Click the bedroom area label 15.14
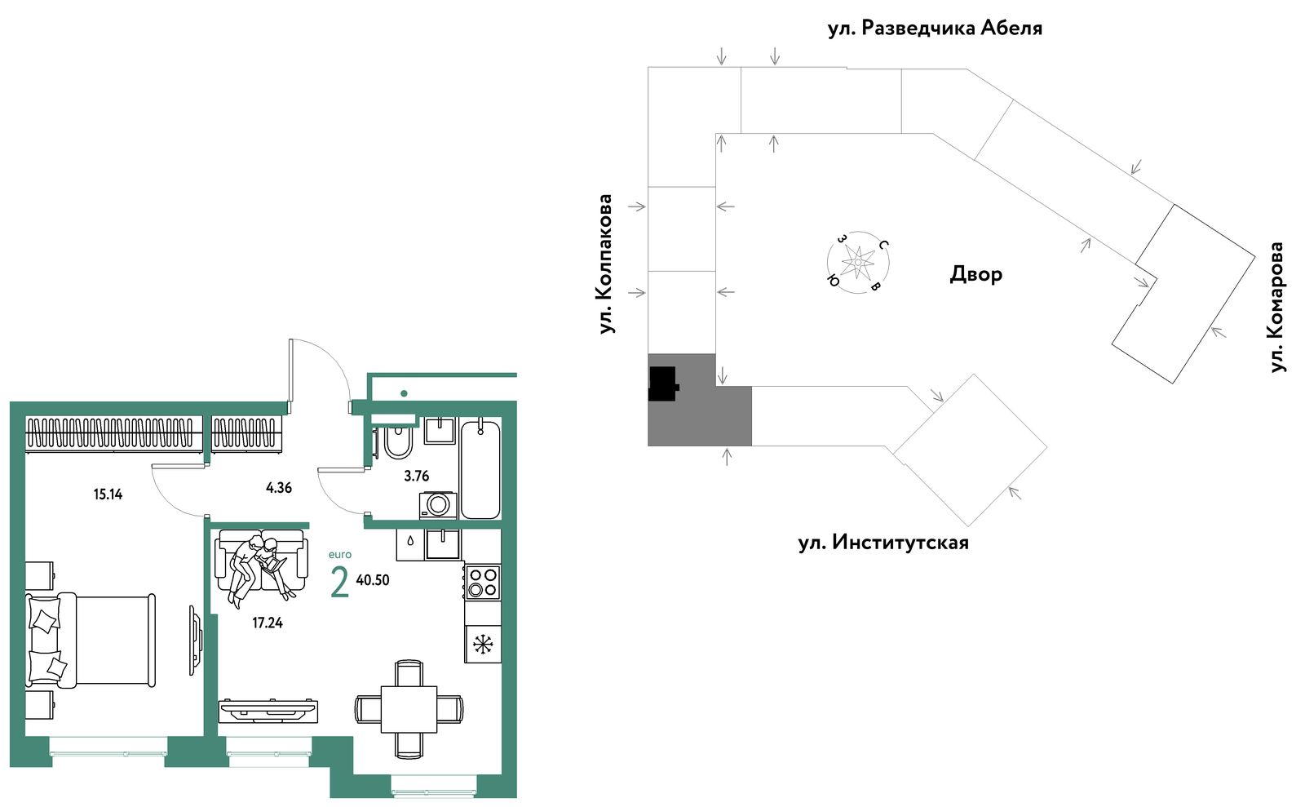tap(108, 494)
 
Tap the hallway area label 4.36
tap(278, 488)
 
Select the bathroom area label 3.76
tap(417, 476)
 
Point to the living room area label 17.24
tap(268, 623)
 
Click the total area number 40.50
tap(373, 580)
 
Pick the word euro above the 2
tap(340, 555)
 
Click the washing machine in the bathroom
tap(438, 505)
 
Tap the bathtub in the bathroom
tap(480, 470)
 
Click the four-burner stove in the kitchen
tap(483, 582)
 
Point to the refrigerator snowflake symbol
tap(483, 645)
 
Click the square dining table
tap(409, 709)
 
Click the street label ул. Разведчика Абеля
tap(935, 28)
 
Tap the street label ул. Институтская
tap(883, 543)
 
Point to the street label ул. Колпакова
tap(606, 264)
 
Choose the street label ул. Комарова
tap(1277, 307)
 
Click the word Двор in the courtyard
tap(976, 274)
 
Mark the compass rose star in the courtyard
tap(858, 262)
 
